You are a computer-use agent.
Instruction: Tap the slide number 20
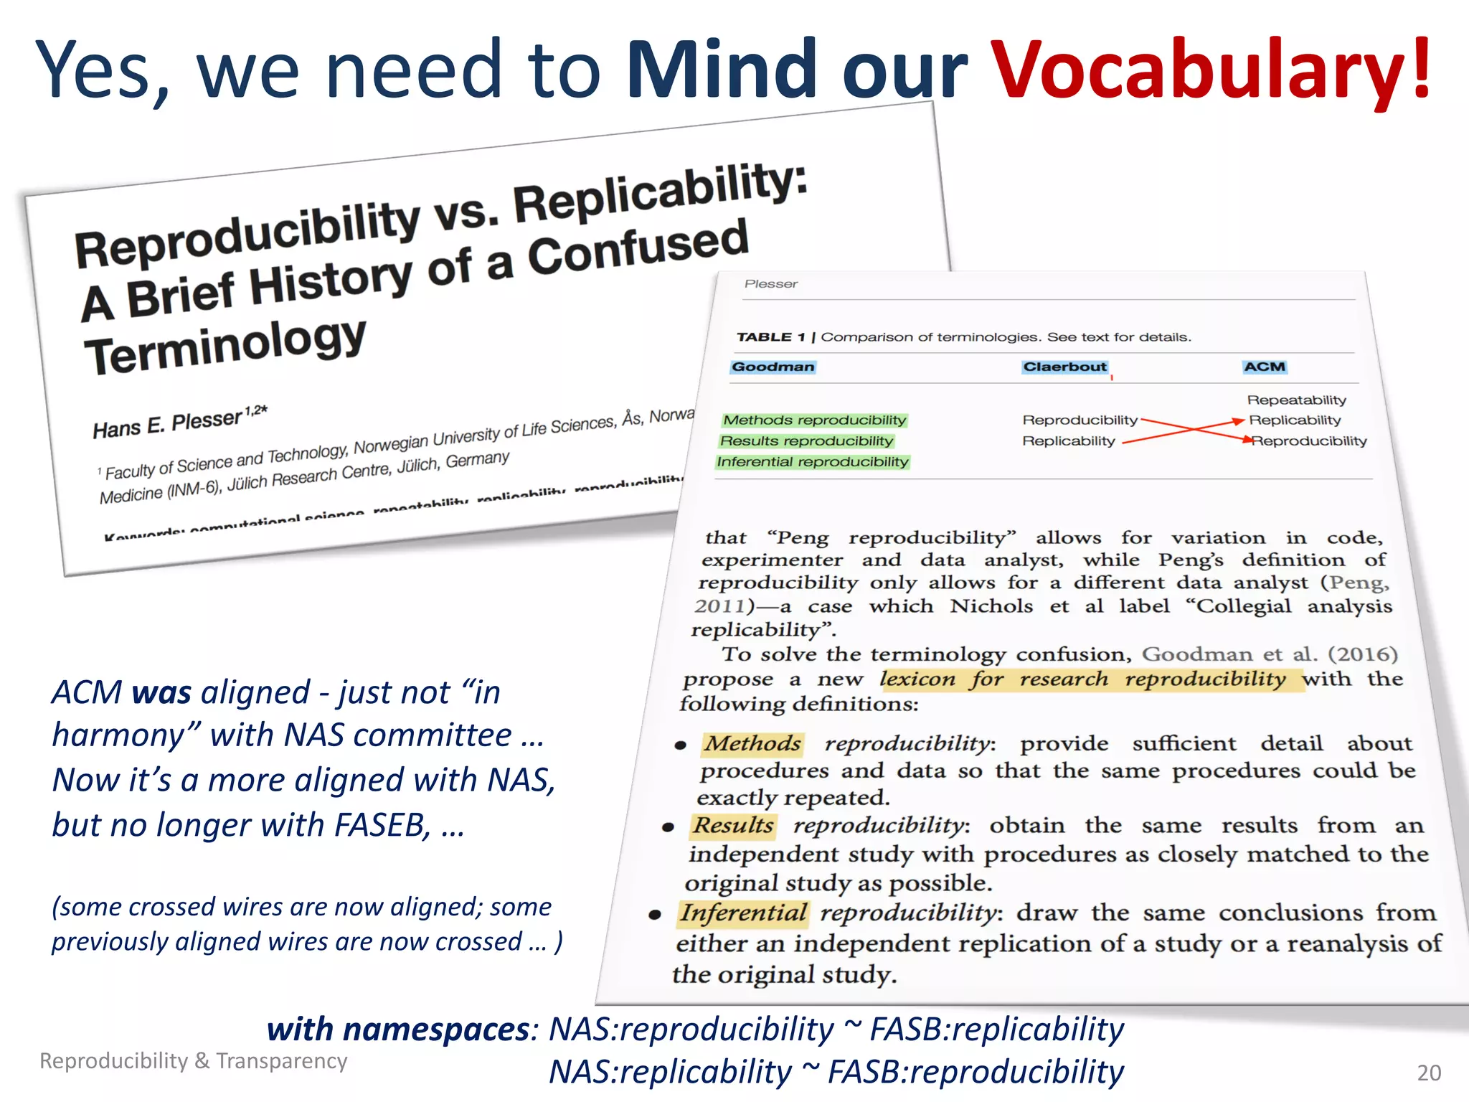(1429, 1073)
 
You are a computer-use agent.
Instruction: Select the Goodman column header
(773, 367)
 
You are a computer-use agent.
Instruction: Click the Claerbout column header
(1064, 367)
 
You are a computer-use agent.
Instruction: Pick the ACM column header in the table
(1265, 367)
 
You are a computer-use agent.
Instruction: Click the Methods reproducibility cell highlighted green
(814, 420)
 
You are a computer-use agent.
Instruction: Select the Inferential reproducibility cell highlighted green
(812, 462)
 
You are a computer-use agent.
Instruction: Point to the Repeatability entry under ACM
(1296, 400)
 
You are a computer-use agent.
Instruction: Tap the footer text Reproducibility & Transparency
(193, 1060)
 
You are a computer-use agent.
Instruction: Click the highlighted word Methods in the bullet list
(752, 744)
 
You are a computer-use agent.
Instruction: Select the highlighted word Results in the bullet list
(733, 826)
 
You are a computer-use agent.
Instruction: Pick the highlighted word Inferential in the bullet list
(743, 913)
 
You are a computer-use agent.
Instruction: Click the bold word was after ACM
(161, 693)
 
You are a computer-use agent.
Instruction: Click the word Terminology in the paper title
(225, 346)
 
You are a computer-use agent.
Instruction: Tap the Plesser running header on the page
(770, 284)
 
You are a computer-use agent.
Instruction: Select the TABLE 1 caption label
(770, 337)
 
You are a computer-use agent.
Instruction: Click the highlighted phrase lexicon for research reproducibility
(1082, 679)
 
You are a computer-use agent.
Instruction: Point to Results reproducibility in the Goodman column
(806, 441)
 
